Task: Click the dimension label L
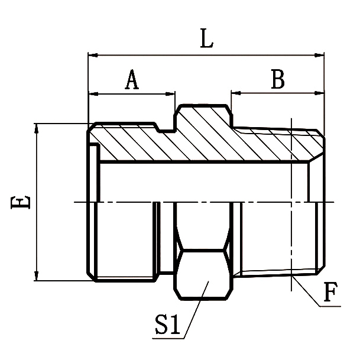point(206,40)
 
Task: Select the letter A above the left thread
point(132,79)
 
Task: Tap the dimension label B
point(277,79)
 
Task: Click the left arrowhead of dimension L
point(92,56)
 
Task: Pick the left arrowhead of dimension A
point(92,93)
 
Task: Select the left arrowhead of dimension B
point(235,93)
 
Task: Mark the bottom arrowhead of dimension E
point(37,277)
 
